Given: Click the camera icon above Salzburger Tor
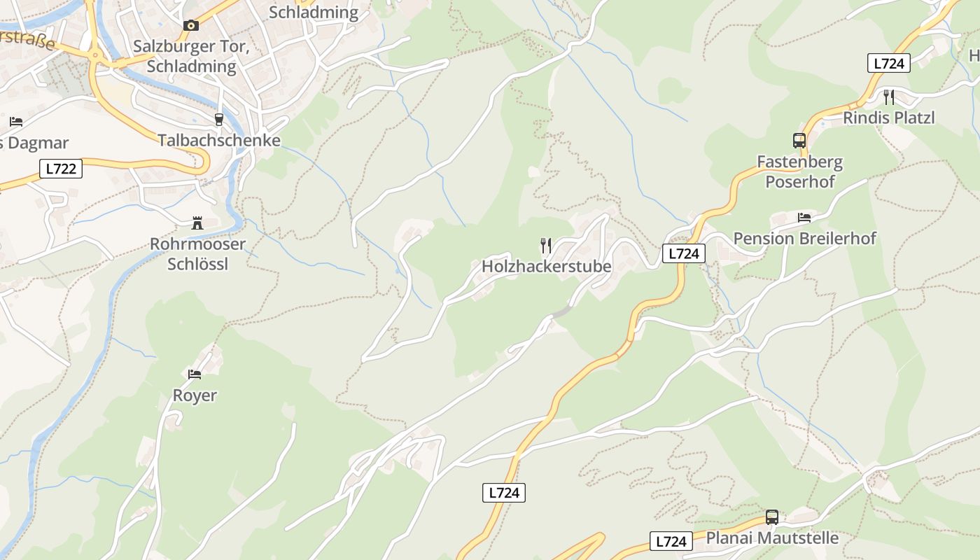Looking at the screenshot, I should click(190, 25).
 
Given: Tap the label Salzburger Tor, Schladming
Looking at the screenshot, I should click(191, 57).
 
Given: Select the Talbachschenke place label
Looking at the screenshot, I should click(219, 140).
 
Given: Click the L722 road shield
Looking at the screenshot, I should click(61, 169).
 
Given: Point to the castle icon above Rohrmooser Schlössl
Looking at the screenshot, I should click(197, 223).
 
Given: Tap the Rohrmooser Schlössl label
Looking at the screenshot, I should click(198, 253).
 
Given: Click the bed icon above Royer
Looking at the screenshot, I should click(195, 374).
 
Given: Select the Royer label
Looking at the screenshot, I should click(195, 395).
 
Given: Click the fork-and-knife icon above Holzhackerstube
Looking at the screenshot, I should click(546, 245).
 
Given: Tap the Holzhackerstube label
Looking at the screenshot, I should click(546, 267).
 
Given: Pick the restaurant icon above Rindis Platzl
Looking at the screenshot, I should click(889, 97).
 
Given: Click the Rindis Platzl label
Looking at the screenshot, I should click(889, 118).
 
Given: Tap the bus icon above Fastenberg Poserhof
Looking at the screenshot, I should click(799, 140).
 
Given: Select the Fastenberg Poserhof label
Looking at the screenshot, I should click(799, 171).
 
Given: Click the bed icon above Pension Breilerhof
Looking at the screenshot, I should click(804, 217).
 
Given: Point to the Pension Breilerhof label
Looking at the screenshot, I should click(804, 239).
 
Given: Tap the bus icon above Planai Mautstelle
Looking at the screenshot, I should click(772, 517).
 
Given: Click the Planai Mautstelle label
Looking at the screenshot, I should click(772, 538).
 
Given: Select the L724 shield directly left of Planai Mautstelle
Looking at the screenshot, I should click(671, 541).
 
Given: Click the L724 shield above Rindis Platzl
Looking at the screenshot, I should click(889, 63).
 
